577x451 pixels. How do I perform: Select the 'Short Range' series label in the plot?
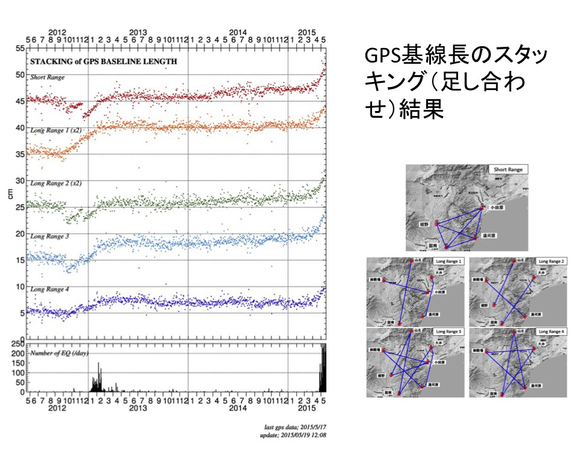(x=47, y=77)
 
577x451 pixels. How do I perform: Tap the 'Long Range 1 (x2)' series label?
(x=56, y=130)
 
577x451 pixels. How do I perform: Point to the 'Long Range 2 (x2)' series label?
(x=56, y=183)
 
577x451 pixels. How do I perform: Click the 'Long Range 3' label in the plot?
(x=49, y=237)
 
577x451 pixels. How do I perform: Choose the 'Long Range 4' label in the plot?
(x=49, y=289)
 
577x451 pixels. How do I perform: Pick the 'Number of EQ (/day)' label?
(x=58, y=353)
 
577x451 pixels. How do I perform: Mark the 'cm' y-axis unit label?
(x=10, y=193)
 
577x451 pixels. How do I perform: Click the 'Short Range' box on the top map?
(x=507, y=170)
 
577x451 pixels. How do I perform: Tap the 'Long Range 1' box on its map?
(x=449, y=262)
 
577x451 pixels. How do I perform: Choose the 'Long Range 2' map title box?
(x=551, y=262)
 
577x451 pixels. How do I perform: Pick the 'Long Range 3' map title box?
(x=449, y=331)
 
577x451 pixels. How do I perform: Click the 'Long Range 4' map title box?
(x=551, y=331)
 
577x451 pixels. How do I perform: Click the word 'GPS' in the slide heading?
(x=382, y=58)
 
